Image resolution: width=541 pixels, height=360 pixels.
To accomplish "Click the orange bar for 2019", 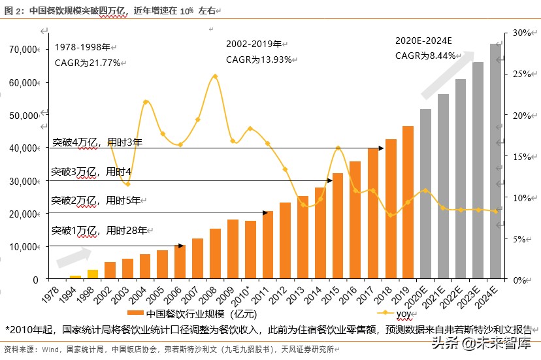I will (x=408, y=203).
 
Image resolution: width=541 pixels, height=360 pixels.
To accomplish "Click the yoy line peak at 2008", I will (x=215, y=76).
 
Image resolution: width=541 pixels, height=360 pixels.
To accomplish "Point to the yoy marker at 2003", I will (x=127, y=185).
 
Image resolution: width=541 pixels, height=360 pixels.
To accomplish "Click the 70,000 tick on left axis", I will (x=24, y=50).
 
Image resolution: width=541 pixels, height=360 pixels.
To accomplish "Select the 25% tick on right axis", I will (x=520, y=74).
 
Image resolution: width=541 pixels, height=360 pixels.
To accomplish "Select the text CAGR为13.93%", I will (x=258, y=59).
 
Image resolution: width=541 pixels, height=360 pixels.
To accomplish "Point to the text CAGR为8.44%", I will (x=425, y=56).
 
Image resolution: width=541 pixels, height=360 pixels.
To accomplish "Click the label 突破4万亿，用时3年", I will (x=97, y=141).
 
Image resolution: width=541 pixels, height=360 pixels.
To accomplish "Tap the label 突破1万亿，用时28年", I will (x=99, y=230).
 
